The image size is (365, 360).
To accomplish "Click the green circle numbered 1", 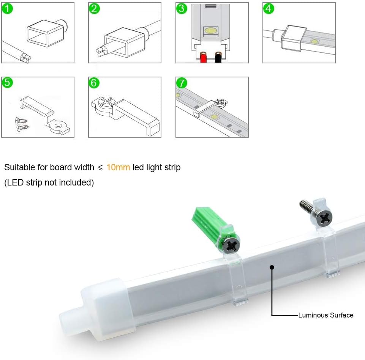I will pos(7,8).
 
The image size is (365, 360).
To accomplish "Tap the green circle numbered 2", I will pos(94,8).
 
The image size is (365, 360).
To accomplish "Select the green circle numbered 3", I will pos(182,8).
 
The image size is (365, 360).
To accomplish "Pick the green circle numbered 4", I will pos(269,8).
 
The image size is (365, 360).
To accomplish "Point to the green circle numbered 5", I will pos(7,83).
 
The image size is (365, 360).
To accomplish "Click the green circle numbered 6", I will pos(94,83).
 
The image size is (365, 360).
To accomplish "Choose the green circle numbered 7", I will pos(182,83).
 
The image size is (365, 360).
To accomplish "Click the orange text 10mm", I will pos(118,167).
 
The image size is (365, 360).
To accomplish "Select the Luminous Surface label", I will pos(325,315).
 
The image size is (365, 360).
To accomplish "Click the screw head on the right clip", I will pos(325,218).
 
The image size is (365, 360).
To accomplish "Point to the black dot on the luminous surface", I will pos(272,267).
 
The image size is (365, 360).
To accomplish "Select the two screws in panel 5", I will pos(21,124).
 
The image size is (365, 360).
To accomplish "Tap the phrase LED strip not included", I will pos(49,182).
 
